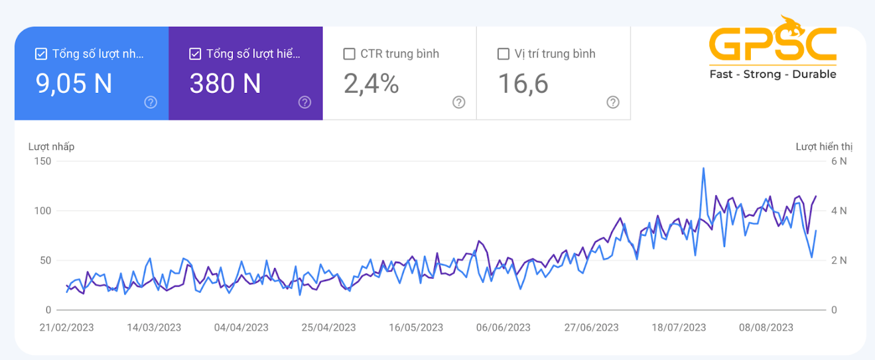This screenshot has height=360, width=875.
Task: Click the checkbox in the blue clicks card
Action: pos(41,54)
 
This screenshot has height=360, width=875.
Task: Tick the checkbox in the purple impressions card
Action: pos(195,54)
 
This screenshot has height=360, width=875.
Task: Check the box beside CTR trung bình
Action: pos(349,54)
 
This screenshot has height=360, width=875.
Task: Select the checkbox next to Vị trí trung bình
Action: pos(503,54)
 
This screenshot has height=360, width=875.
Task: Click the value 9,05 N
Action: pos(74,84)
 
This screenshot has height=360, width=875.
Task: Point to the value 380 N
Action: pos(225,84)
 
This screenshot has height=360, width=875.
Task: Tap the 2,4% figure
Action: pos(371,84)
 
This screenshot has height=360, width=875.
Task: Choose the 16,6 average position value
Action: pos(523,84)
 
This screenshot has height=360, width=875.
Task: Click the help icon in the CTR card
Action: pos(459,102)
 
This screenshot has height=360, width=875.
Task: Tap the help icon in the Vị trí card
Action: pos(613,102)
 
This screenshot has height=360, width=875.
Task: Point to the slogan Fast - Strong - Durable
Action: pos(772,75)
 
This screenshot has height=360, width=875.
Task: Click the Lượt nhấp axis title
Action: pos(51,147)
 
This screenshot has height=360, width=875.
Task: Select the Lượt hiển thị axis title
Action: pos(824,147)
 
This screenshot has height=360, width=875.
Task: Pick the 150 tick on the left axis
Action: pos(43,161)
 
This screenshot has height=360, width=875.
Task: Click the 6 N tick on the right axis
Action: pos(839,161)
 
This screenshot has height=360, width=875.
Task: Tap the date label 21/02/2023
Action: pos(67,328)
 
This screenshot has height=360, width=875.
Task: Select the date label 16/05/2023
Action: pos(416,328)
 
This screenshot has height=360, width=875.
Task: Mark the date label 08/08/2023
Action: pos(766,328)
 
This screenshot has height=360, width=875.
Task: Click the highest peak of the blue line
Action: pos(703,168)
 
